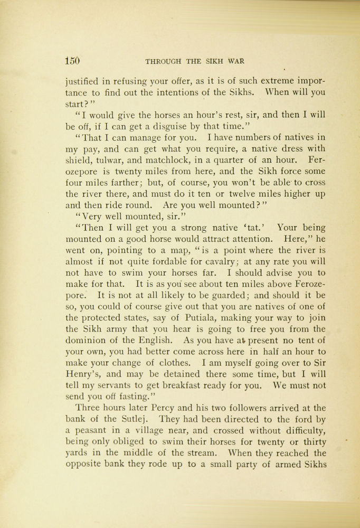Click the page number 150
coord(72,60)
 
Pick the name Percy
coord(163,409)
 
